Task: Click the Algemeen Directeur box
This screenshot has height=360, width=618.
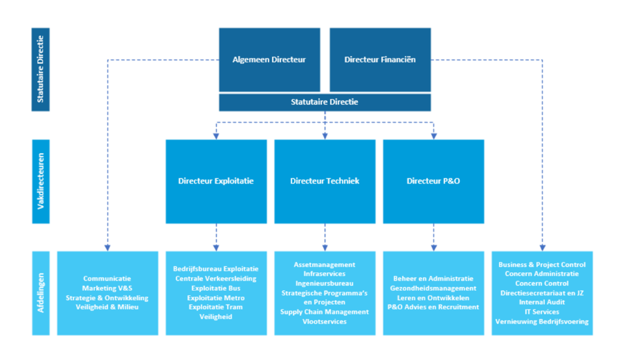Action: (269, 59)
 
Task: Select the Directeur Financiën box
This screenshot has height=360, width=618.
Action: (381, 59)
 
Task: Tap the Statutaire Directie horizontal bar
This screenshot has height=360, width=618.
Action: (325, 102)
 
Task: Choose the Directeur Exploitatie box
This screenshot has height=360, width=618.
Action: (216, 182)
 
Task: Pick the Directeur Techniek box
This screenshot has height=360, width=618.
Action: (325, 182)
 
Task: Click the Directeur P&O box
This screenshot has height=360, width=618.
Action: (433, 182)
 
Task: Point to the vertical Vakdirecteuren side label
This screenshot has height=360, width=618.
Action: (40, 182)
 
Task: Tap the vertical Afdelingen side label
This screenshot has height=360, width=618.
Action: (40, 293)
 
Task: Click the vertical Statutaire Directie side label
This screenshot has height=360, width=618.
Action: (40, 70)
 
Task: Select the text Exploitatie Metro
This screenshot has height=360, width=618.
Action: (216, 298)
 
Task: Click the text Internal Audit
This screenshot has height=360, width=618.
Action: (542, 302)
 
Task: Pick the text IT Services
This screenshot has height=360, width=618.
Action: (542, 311)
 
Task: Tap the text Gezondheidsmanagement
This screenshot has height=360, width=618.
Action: (433, 288)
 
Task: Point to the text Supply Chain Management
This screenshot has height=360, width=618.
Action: (325, 312)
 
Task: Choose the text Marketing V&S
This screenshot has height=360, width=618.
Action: (107, 288)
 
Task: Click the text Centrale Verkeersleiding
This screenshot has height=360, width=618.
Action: (216, 279)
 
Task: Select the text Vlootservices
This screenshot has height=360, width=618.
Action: (325, 322)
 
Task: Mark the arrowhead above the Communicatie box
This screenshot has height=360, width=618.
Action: (107, 247)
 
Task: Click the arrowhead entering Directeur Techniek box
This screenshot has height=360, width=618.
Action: (325, 136)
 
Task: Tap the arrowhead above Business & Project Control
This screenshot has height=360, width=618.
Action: (543, 247)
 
